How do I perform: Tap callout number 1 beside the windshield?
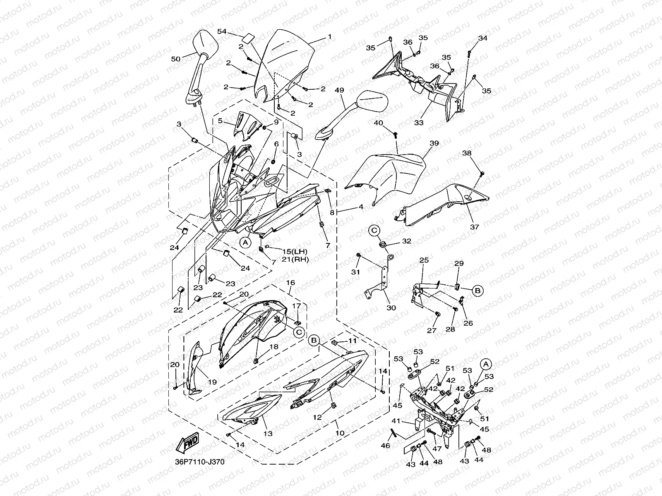click(330, 37)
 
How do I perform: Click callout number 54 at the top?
click(222, 31)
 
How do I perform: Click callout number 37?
click(474, 227)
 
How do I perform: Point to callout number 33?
click(419, 123)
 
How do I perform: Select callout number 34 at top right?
click(483, 38)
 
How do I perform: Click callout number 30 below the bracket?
click(391, 308)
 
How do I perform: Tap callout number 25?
click(424, 260)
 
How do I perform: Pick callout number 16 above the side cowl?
click(290, 283)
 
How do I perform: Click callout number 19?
click(212, 382)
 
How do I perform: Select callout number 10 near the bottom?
click(340, 433)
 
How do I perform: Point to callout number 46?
click(386, 446)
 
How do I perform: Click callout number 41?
click(396, 421)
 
